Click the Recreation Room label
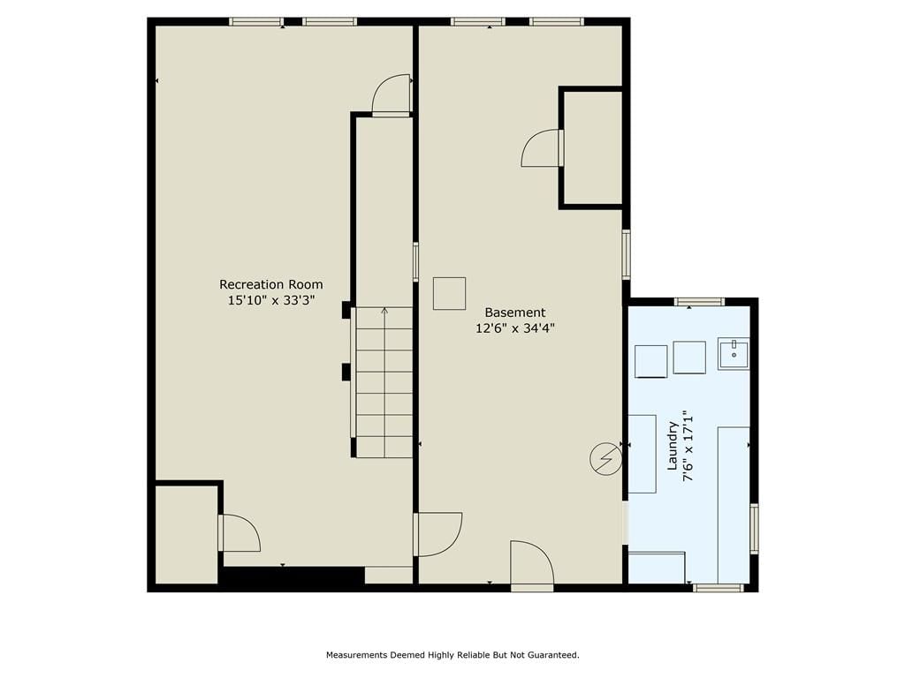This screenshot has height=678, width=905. point(270,284)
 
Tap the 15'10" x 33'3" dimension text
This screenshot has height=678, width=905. point(270,300)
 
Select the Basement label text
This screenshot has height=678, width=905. point(515,313)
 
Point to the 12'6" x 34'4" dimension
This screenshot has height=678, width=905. point(515,328)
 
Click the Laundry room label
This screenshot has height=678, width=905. point(673,445)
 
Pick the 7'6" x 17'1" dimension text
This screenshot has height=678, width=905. point(687,445)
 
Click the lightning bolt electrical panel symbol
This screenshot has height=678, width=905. point(605,459)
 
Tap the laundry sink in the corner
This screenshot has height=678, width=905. point(734,353)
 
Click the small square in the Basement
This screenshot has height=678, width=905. point(450,293)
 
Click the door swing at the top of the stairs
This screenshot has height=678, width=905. point(392,95)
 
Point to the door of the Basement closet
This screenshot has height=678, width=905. point(542,148)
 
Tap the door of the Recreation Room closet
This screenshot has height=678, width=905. point(240,532)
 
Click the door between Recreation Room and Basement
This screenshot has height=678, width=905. point(438,534)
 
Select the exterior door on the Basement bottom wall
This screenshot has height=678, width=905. point(532,565)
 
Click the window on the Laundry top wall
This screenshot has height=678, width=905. point(700,302)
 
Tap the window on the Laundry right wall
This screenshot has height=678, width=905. point(754,529)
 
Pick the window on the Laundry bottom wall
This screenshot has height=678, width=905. point(718,587)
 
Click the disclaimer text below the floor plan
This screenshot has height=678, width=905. point(452,655)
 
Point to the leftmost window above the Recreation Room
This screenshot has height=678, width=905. point(255,22)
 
